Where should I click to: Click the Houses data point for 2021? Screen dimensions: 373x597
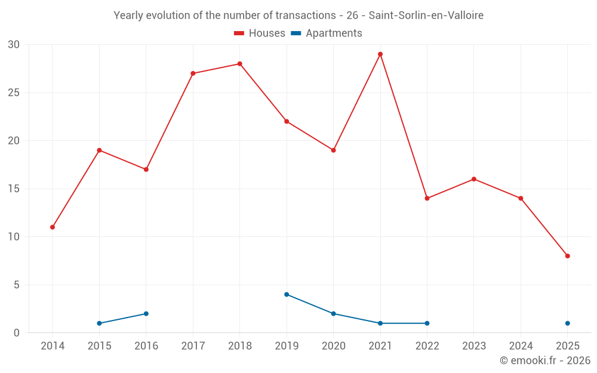(x=380, y=54)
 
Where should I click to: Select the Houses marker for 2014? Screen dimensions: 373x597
(x=53, y=227)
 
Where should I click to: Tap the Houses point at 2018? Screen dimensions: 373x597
(x=240, y=64)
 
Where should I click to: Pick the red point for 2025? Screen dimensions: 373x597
(x=568, y=256)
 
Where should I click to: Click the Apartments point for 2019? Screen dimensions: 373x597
(x=287, y=294)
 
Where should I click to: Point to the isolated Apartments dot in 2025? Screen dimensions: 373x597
(x=568, y=323)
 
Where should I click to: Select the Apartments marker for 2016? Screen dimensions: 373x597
(x=146, y=313)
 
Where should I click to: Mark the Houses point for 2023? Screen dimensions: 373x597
(x=474, y=179)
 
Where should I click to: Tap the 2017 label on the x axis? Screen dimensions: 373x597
(x=193, y=346)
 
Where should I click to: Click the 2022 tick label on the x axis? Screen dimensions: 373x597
(x=427, y=346)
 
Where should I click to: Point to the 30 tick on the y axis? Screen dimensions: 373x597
(x=14, y=45)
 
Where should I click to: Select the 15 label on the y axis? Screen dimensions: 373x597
(x=14, y=189)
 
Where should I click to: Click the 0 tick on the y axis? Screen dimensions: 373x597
(x=17, y=333)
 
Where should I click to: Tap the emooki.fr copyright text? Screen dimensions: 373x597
(x=545, y=360)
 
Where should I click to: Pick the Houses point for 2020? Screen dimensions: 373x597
(x=333, y=150)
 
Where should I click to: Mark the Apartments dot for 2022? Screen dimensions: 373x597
(x=427, y=323)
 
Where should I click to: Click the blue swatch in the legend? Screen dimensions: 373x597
(x=296, y=33)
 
